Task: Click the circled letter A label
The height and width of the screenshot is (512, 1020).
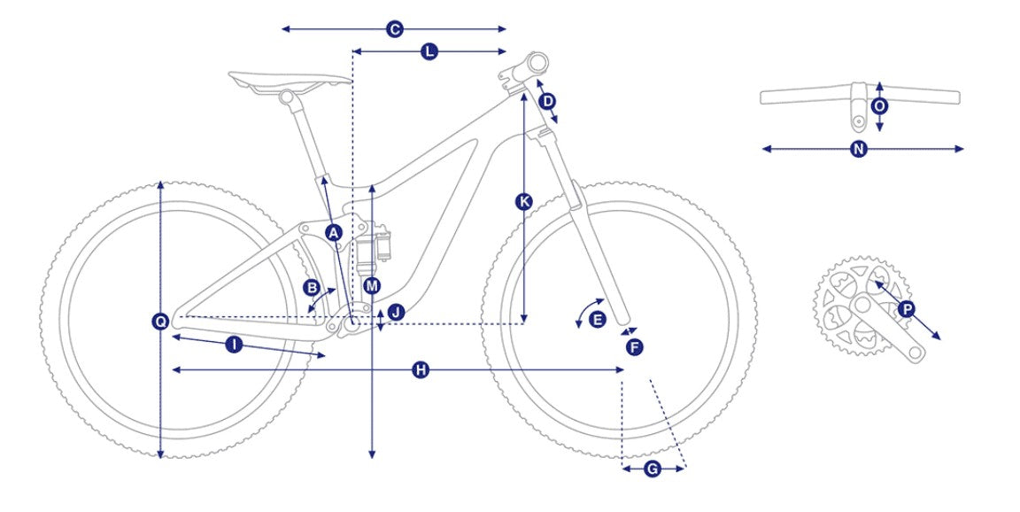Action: [x=334, y=232]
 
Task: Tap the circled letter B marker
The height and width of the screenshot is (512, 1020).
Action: [x=313, y=287]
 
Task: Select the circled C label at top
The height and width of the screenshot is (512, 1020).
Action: [x=394, y=29]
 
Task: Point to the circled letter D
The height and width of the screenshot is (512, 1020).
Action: [x=548, y=101]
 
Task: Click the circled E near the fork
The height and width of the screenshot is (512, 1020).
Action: [x=597, y=320]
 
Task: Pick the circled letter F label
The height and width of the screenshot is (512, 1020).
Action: [x=635, y=347]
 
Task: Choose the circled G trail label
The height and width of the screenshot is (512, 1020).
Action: [x=653, y=469]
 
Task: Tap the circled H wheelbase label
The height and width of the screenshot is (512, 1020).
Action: [x=421, y=370]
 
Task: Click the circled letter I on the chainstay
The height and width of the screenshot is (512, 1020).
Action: [x=234, y=345]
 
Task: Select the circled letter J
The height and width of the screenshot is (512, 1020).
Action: [x=396, y=313]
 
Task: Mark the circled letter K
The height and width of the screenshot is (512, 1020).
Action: [x=523, y=202]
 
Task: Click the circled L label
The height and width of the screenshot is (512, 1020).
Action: [x=429, y=51]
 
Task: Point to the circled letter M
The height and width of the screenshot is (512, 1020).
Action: [x=372, y=285]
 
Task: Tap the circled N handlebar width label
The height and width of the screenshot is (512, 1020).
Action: [x=860, y=149]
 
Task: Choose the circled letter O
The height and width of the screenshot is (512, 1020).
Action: [x=879, y=105]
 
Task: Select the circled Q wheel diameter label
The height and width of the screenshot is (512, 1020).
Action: [x=160, y=321]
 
